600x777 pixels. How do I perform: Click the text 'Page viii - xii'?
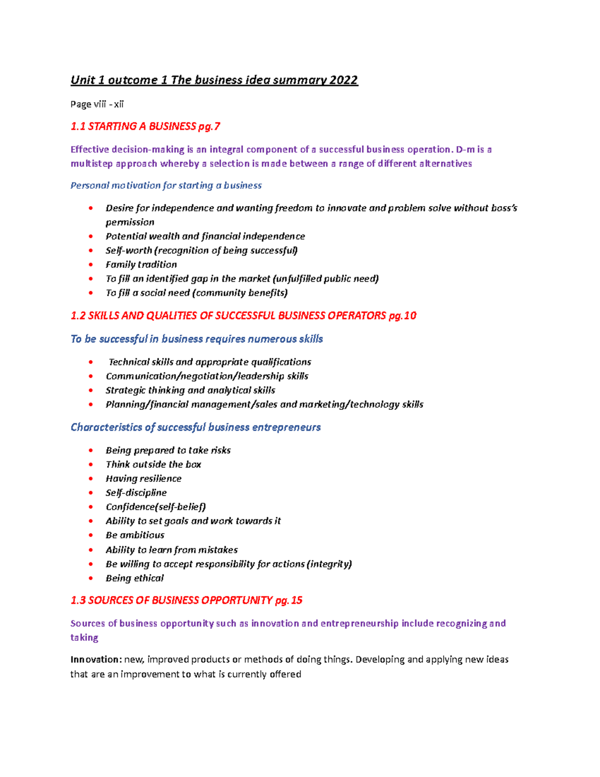click(x=97, y=104)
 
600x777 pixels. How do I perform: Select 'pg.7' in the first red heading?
click(x=209, y=127)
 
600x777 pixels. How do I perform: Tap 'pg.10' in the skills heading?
click(x=402, y=316)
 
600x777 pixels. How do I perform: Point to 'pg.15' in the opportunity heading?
click(x=289, y=600)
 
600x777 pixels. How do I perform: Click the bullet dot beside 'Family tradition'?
click(x=90, y=265)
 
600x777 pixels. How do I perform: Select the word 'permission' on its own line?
click(x=130, y=222)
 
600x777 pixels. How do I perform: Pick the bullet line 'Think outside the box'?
click(x=153, y=464)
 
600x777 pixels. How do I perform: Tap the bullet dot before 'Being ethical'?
click(x=90, y=578)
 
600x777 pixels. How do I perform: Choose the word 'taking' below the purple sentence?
click(x=84, y=637)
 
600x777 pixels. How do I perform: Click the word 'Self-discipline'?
click(x=136, y=493)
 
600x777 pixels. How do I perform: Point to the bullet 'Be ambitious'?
click(x=135, y=535)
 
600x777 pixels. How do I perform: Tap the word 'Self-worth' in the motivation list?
click(x=128, y=251)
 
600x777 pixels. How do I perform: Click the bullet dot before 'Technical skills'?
click(x=90, y=362)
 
